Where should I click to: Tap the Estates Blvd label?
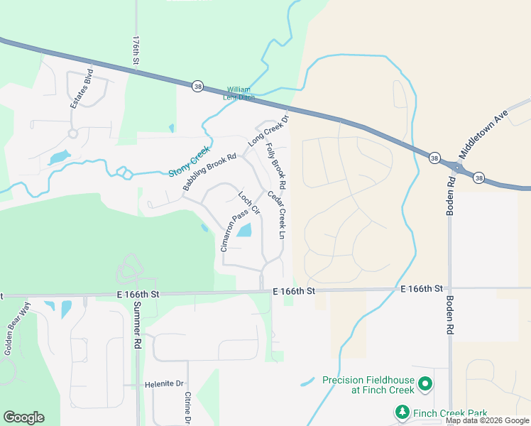[82, 89]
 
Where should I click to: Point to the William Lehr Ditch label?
[239, 93]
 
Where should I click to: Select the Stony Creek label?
[190, 162]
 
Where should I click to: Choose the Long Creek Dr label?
[269, 131]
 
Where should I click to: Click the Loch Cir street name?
[249, 203]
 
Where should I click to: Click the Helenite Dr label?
[165, 384]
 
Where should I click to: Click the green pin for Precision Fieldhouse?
[425, 385]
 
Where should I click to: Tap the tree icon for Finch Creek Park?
[402, 412]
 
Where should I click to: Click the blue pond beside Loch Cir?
[244, 230]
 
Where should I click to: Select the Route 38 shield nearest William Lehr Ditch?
[197, 86]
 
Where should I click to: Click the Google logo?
[23, 417]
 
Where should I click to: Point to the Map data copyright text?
[487, 421]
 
